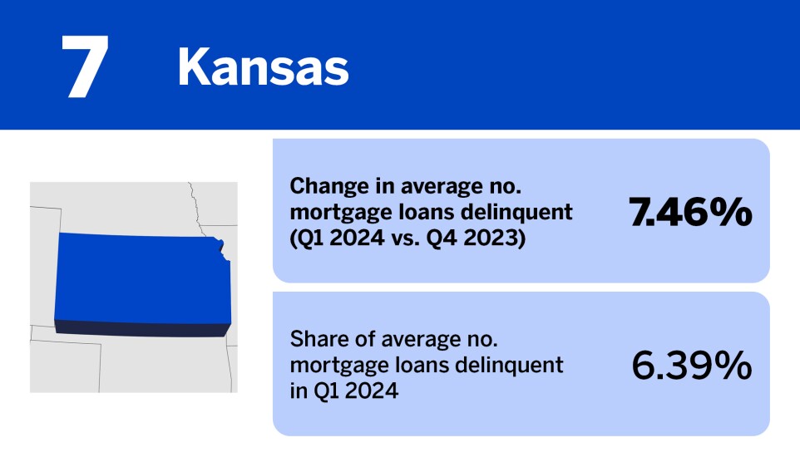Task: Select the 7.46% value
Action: pyautogui.click(x=690, y=213)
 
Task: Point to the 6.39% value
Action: pyautogui.click(x=692, y=366)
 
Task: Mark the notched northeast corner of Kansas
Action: pyautogui.click(x=220, y=246)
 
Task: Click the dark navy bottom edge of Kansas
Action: pyautogui.click(x=141, y=330)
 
